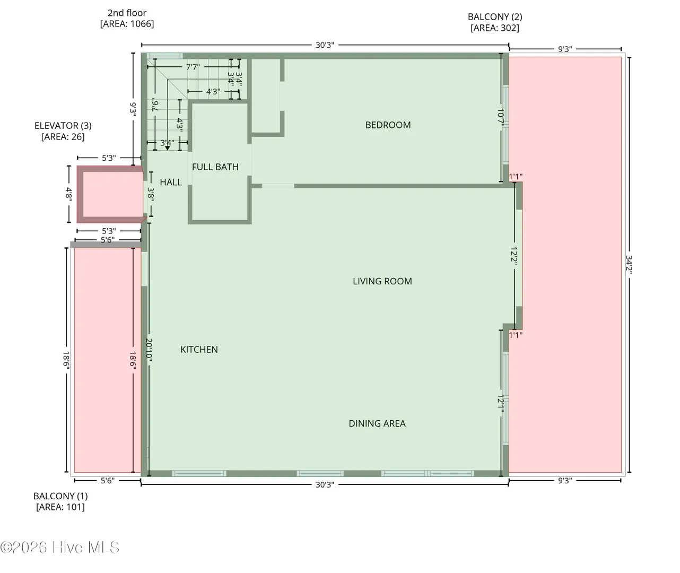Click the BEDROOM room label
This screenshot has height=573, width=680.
coord(388,125)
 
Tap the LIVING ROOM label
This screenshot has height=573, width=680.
coord(382,281)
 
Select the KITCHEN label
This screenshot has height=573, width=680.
coord(199,350)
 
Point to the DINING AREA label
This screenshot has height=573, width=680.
coord(377,423)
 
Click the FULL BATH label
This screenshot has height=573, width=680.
coord(215,167)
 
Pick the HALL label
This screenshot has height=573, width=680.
coord(171,182)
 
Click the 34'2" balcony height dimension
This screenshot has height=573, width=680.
coord(629,265)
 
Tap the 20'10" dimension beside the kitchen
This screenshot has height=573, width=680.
coord(149,350)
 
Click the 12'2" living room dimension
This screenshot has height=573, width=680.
coord(514,256)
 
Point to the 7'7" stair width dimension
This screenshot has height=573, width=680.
coord(193,67)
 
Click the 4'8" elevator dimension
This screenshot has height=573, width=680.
coord(69,194)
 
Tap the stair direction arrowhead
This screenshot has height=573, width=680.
coord(168,148)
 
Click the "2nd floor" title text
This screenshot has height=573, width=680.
coord(127,13)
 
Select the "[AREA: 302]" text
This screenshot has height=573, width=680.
coord(495,28)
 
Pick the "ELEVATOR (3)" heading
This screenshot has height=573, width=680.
coord(63,126)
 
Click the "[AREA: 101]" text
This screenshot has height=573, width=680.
coord(60,507)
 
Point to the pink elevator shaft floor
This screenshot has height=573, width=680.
coord(112,194)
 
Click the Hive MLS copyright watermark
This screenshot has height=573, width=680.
coord(59,547)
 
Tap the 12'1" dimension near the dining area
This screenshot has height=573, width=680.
coord(501,404)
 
